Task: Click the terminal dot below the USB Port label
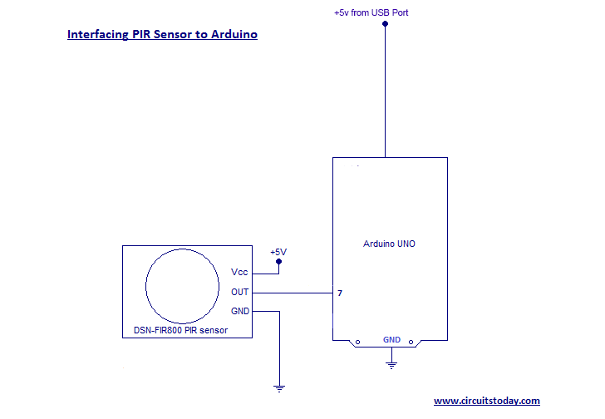coord(385,23)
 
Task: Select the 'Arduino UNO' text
coord(389,244)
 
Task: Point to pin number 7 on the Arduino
coord(340,293)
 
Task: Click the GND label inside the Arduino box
coord(391,339)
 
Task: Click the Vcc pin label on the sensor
coord(239,272)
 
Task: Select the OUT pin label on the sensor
coord(239,292)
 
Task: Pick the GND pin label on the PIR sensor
coord(239,311)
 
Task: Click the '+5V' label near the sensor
coord(278,252)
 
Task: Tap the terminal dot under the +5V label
coord(278,262)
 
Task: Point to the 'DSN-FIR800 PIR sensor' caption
coord(180,330)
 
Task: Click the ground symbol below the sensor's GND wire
coord(279,387)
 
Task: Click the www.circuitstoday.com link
coord(487,401)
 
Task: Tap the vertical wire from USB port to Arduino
coord(385,91)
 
